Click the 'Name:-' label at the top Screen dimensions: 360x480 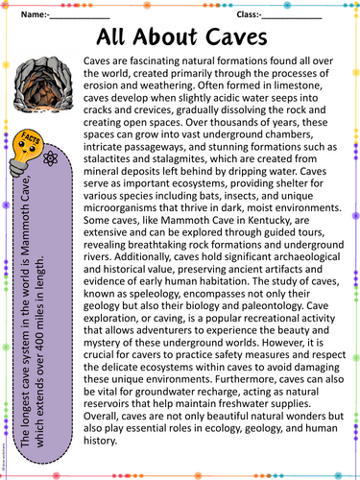pos(33,15)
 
